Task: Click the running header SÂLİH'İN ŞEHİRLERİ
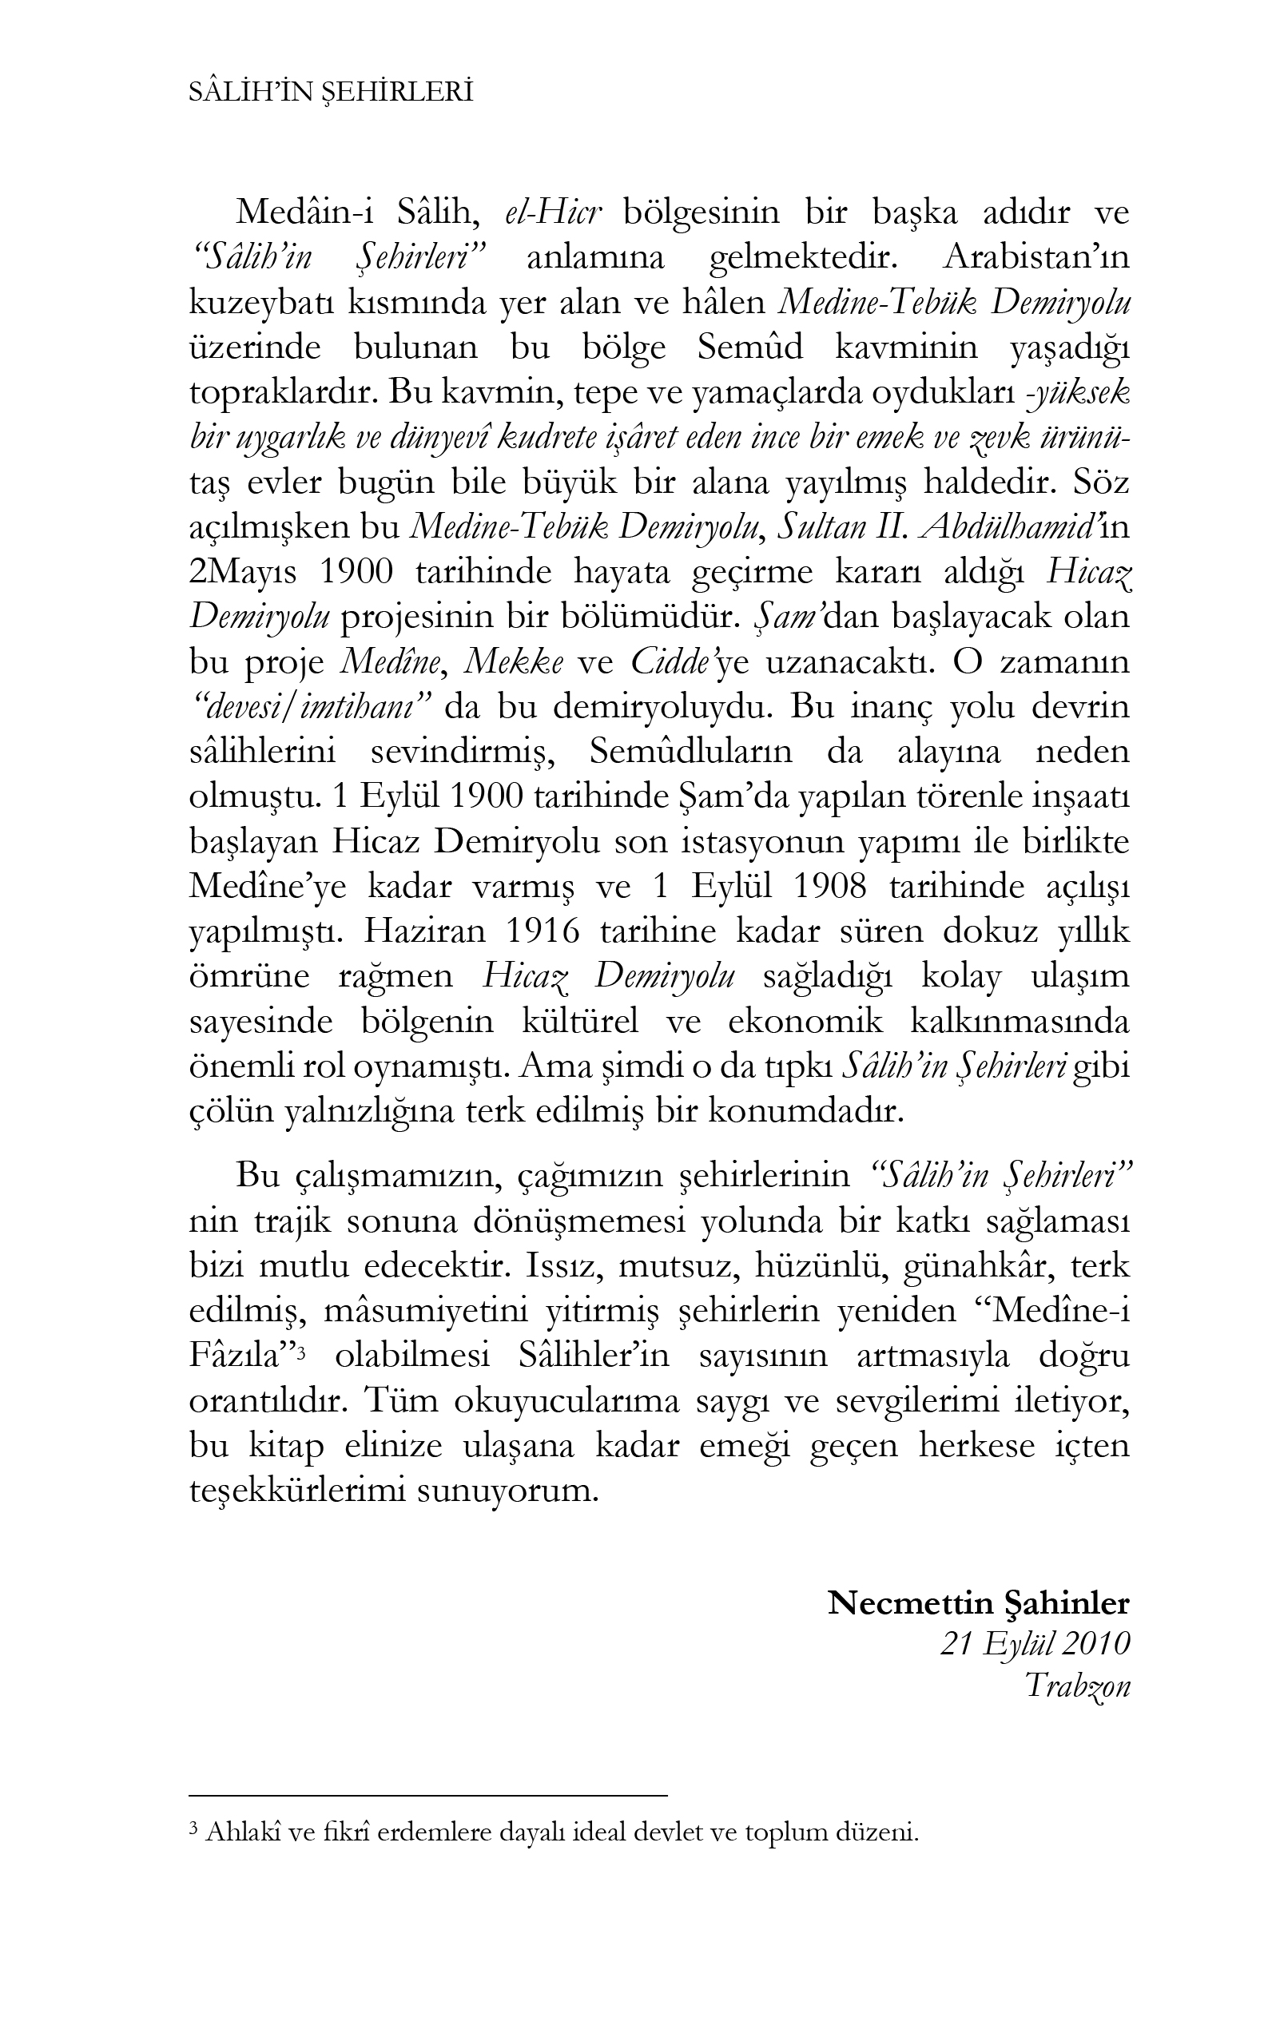coord(331,93)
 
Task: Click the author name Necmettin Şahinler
coord(979,1603)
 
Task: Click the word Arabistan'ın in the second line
coord(1036,258)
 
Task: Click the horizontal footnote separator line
coord(427,1795)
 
